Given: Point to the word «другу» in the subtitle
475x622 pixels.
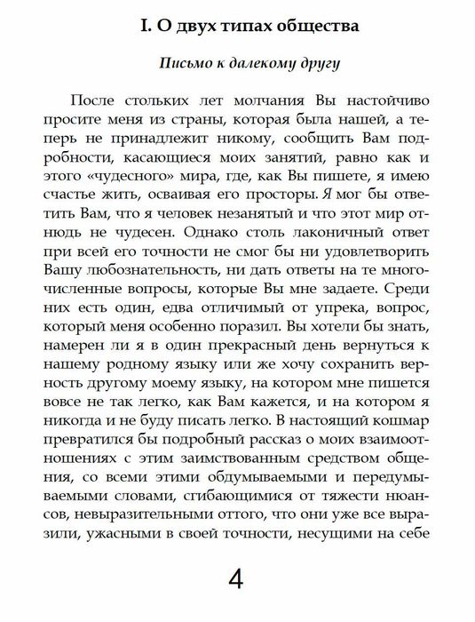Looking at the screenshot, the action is (319, 65).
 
